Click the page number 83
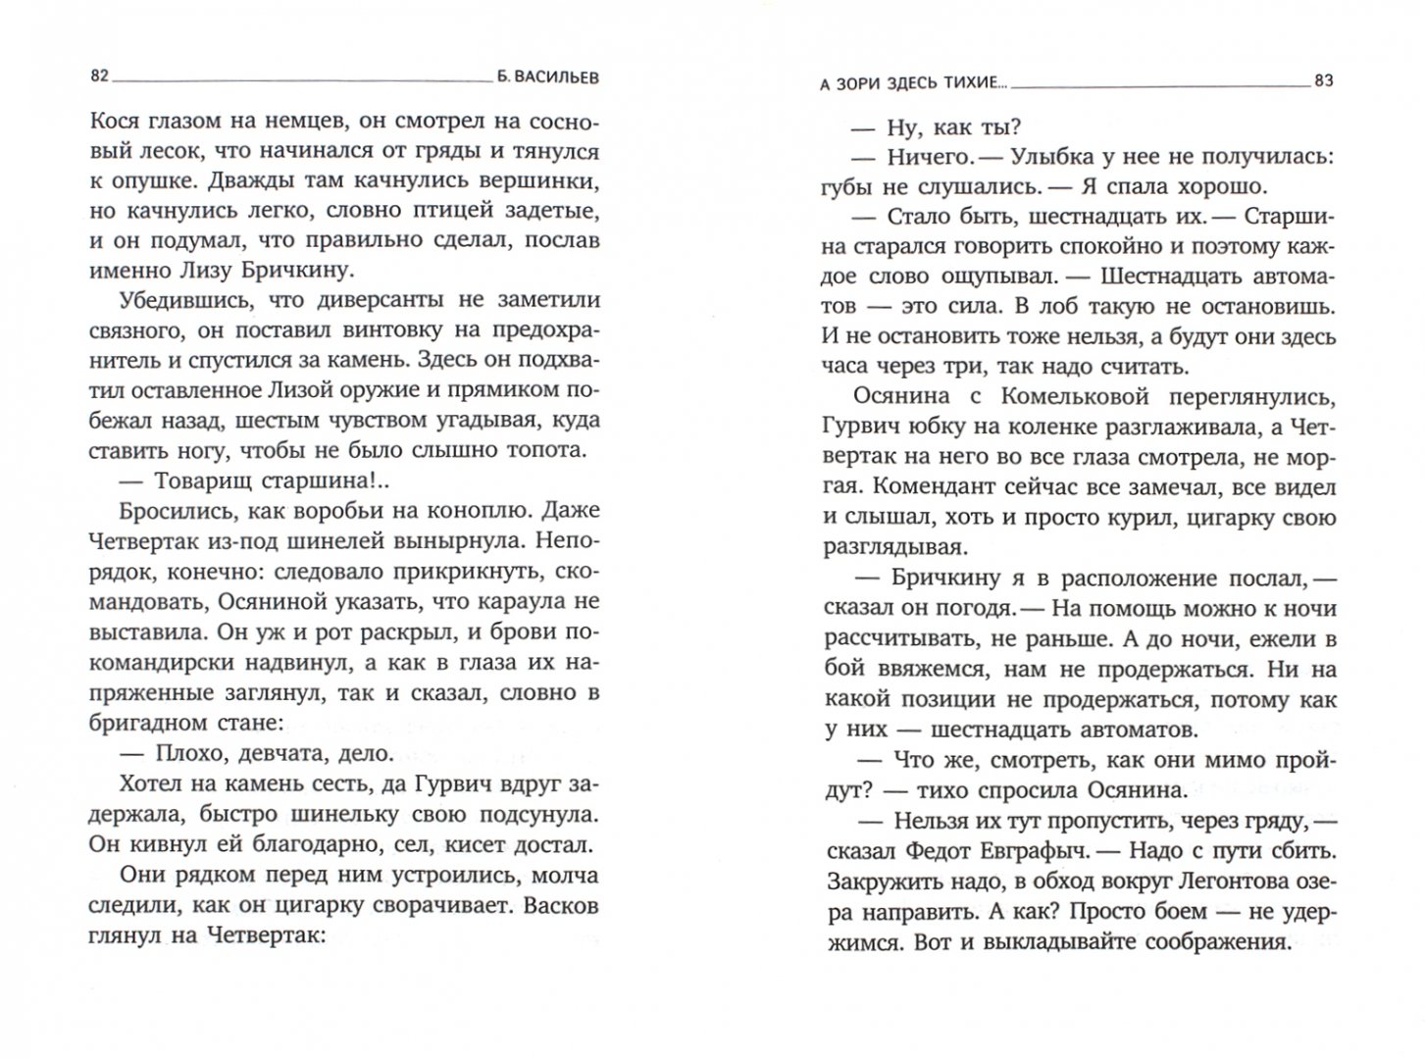pos(1323,81)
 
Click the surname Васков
pos(560,904)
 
